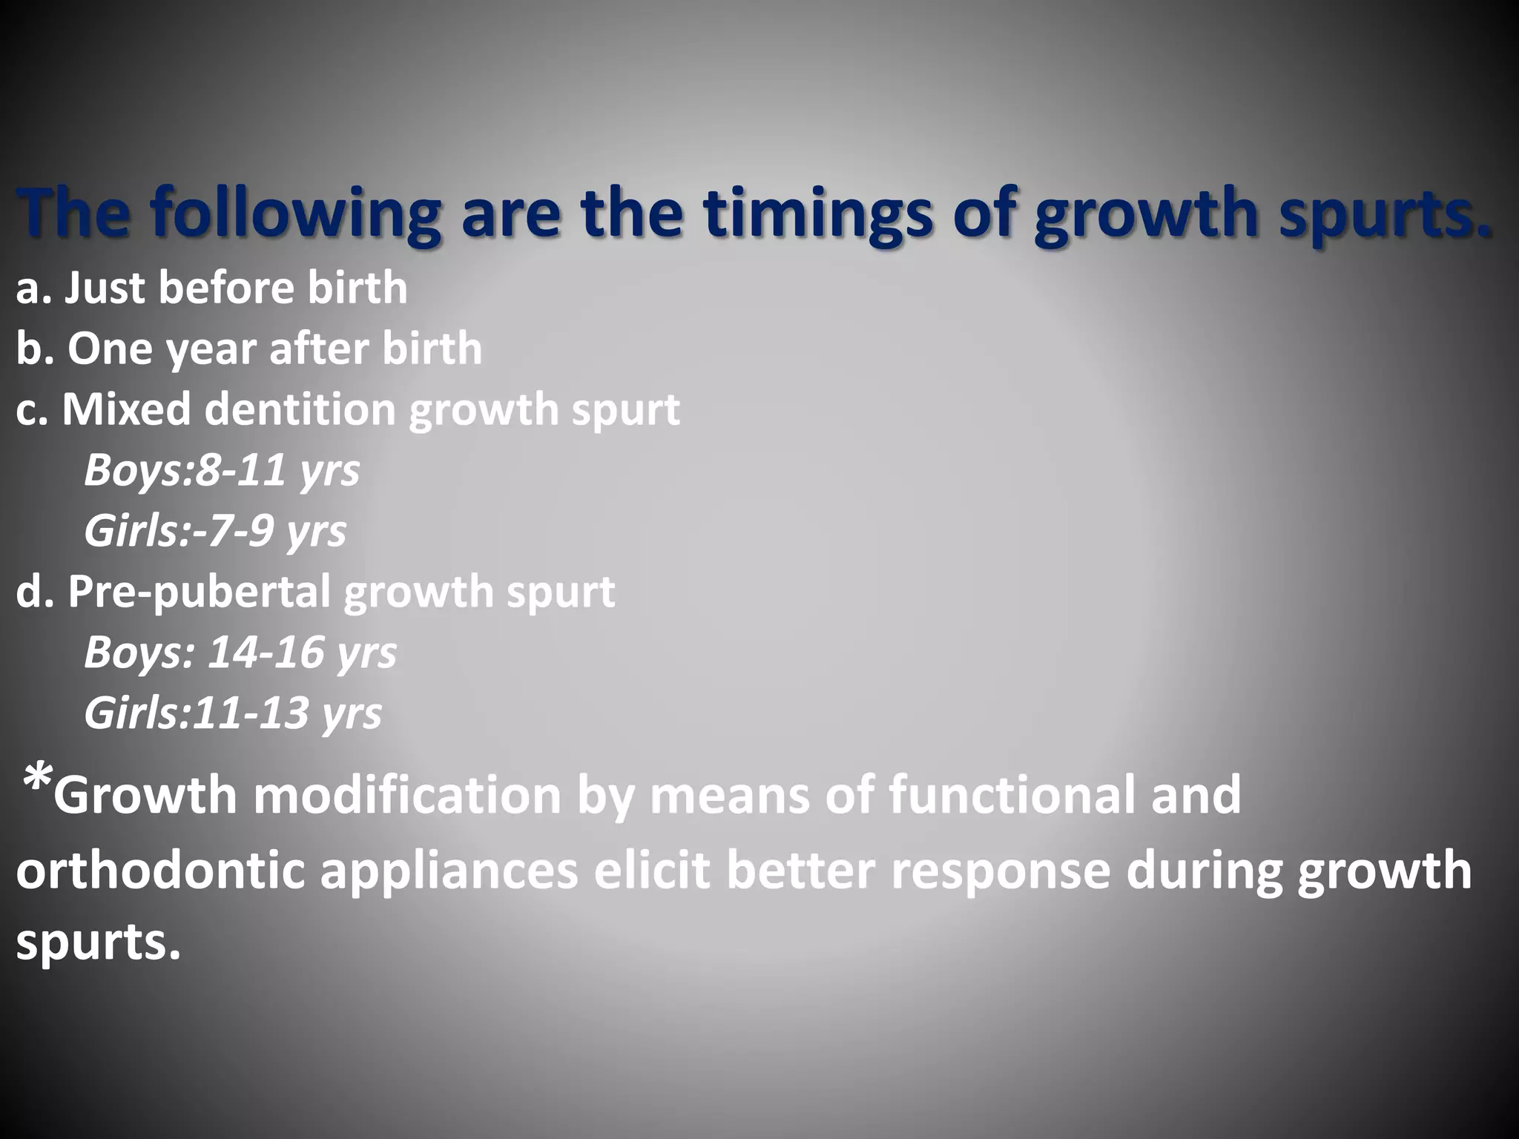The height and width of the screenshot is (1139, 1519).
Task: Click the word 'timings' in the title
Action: click(817, 213)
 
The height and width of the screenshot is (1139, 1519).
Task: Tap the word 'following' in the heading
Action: click(296, 213)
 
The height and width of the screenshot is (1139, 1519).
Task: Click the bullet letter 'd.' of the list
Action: click(34, 591)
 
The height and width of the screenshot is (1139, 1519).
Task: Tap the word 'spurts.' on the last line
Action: click(98, 942)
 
